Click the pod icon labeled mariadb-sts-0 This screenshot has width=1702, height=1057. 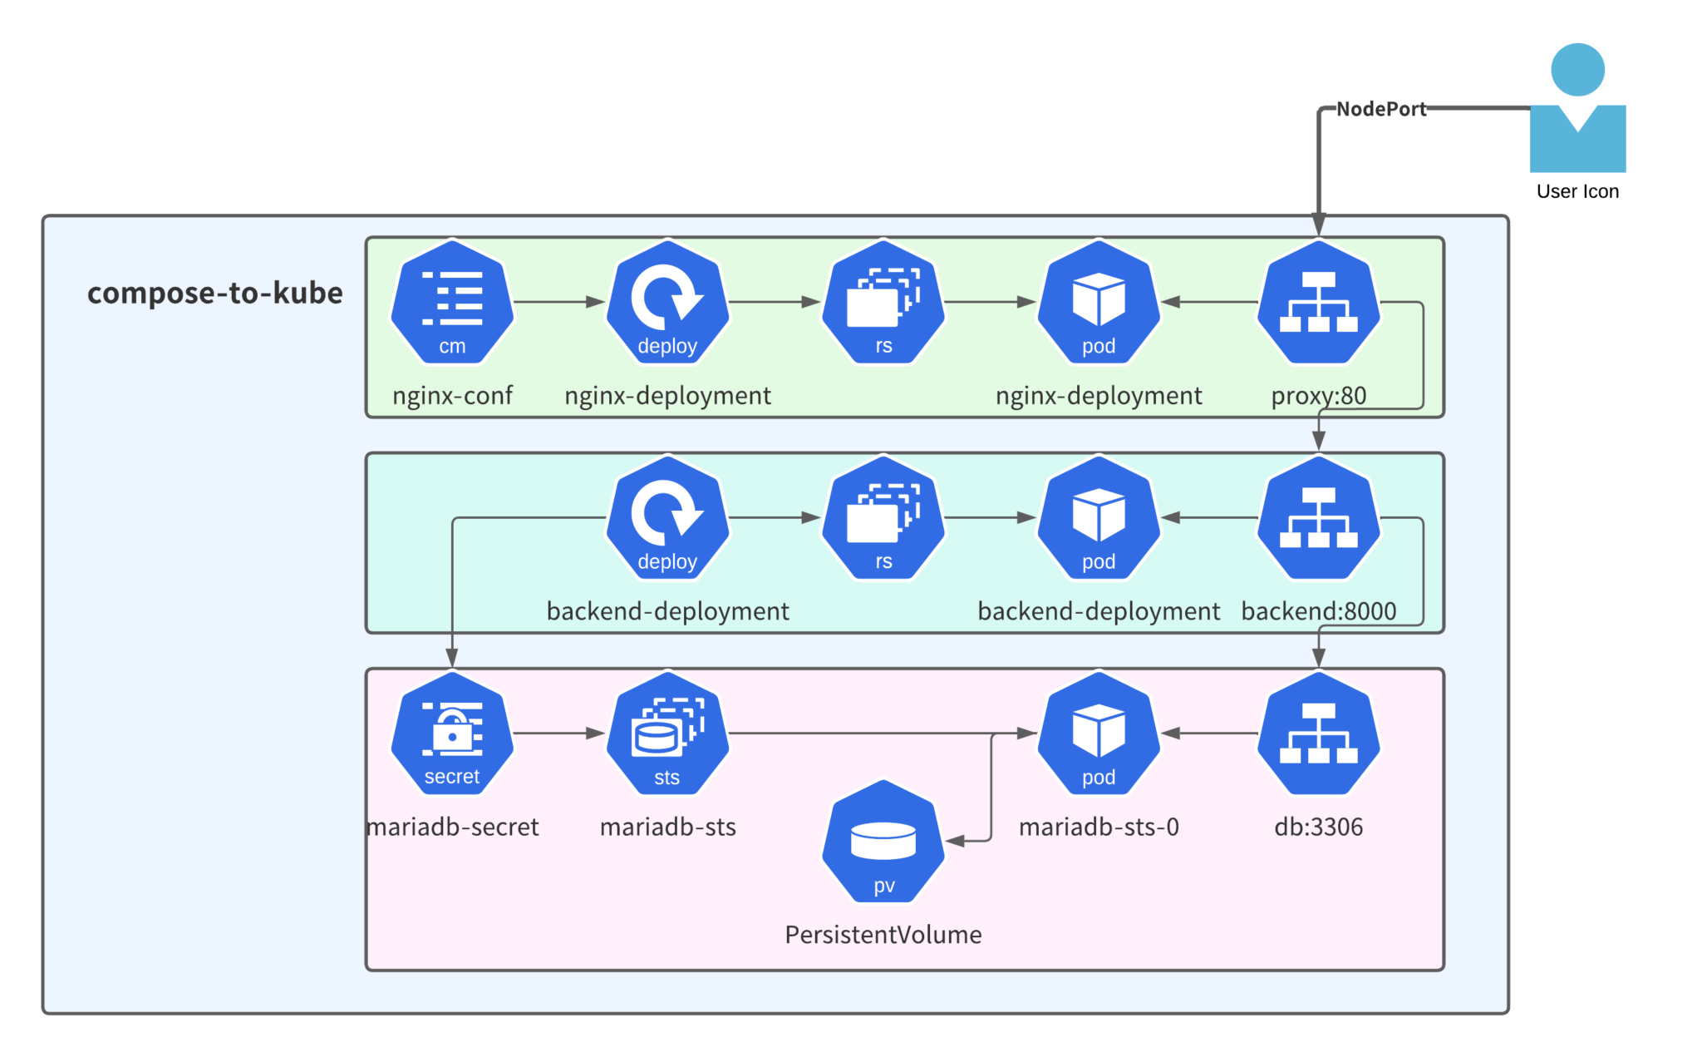point(1099,733)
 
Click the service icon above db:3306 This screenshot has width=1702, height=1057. point(1318,733)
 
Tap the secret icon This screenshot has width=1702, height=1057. point(452,733)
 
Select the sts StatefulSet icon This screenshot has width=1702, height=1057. point(667,733)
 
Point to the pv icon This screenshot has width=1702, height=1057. point(883,842)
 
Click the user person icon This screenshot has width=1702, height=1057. point(1577,108)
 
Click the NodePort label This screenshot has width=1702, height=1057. point(1380,109)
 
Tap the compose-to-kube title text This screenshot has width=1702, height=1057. point(214,293)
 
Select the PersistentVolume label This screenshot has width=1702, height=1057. point(883,935)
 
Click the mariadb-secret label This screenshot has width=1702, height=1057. point(453,827)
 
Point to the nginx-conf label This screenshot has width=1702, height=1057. point(452,395)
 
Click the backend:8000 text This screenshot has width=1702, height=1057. point(1318,611)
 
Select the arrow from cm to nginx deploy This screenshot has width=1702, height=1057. point(558,302)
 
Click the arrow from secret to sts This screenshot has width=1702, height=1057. point(558,733)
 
